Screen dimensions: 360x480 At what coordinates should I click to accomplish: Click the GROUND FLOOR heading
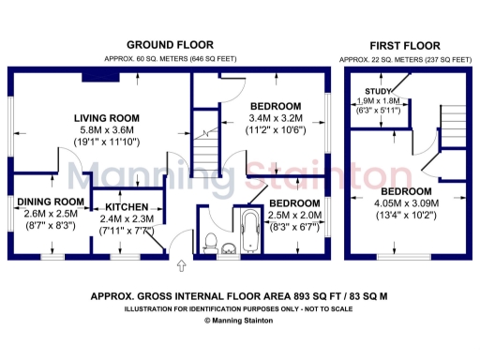coord(170,44)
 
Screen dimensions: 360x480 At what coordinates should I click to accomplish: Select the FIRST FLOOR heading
coord(405,44)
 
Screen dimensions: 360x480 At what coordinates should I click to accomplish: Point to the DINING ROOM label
coord(49,202)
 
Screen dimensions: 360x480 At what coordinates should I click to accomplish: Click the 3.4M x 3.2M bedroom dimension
coord(275,118)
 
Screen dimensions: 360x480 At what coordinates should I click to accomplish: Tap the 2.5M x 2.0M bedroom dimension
coord(294,215)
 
